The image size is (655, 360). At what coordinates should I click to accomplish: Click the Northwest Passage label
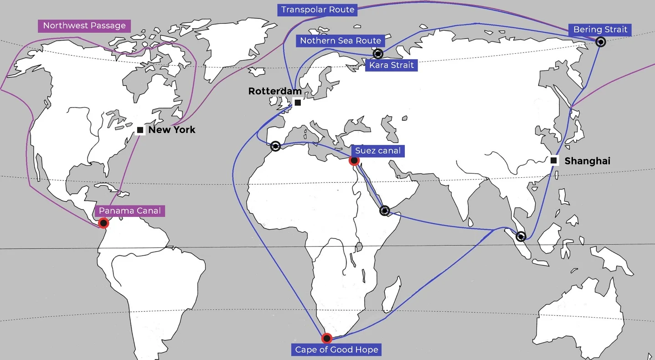click(x=84, y=26)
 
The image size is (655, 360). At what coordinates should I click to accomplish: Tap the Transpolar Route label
click(x=318, y=10)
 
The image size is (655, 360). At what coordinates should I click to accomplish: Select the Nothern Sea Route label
click(x=340, y=41)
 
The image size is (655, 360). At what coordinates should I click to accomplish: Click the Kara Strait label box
click(x=392, y=65)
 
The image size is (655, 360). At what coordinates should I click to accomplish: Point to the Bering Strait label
click(x=600, y=30)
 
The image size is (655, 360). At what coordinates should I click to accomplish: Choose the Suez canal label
click(x=378, y=150)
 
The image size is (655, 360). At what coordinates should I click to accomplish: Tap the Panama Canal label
click(x=130, y=211)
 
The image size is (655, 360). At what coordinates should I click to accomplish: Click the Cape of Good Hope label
click(x=337, y=350)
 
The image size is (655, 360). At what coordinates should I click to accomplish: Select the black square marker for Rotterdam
click(x=298, y=103)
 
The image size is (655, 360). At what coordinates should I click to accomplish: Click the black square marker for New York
click(x=140, y=130)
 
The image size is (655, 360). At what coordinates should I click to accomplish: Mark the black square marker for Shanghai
click(x=553, y=160)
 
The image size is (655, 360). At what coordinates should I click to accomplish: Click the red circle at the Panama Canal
click(x=104, y=223)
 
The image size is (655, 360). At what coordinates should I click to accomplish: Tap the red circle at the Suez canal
click(x=354, y=160)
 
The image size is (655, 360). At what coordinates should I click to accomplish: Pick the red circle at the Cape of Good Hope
click(x=326, y=338)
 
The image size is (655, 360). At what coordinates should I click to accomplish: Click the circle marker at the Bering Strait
click(x=601, y=42)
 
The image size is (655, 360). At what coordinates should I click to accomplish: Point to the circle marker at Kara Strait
click(x=378, y=54)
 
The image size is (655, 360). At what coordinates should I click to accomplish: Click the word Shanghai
click(x=587, y=161)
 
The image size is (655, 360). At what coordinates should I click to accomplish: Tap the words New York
click(x=172, y=130)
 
